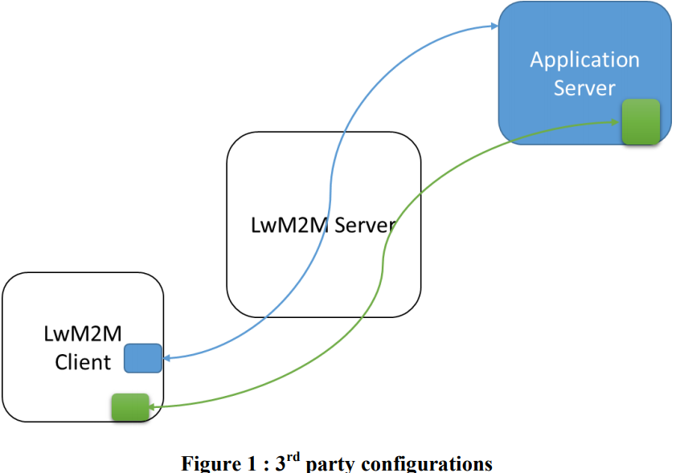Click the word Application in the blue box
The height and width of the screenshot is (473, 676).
[x=584, y=60]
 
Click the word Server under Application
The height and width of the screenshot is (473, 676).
[x=584, y=88]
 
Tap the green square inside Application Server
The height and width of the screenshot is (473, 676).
[x=641, y=122]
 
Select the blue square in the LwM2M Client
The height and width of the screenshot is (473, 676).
[x=143, y=358]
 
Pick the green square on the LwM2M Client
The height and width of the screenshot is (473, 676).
[x=130, y=407]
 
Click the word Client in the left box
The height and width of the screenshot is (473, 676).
[x=83, y=362]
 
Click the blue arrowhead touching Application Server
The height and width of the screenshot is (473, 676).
[x=494, y=27]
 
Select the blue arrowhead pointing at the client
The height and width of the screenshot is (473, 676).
[x=168, y=358]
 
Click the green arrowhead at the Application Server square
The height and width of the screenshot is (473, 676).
[x=616, y=121]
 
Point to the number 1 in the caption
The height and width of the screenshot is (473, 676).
[x=249, y=464]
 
